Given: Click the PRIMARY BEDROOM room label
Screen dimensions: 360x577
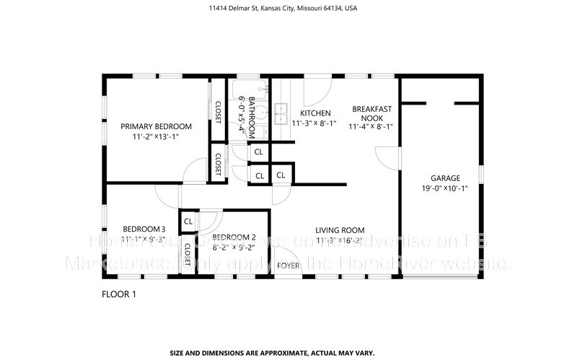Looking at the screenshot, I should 156,126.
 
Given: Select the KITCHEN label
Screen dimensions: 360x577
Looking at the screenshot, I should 315,113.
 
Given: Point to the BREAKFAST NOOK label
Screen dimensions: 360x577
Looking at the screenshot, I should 371,113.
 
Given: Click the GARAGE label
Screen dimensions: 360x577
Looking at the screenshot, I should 445,178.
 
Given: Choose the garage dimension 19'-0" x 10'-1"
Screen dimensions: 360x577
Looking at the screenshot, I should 445,189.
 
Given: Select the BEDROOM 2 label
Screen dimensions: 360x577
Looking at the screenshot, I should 234,237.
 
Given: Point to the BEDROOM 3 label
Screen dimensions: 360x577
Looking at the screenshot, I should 138,229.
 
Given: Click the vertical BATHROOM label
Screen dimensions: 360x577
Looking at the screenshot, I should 252,118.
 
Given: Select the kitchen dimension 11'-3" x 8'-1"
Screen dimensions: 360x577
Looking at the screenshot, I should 315,123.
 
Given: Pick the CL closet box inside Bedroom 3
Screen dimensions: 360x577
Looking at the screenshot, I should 188,221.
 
